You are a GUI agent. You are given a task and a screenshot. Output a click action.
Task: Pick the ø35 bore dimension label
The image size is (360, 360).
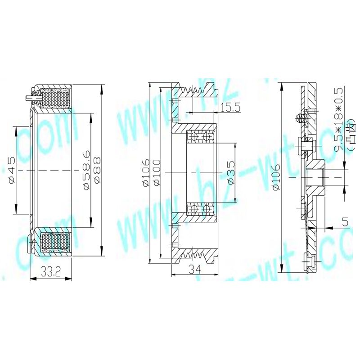pyautogui.click(x=230, y=173)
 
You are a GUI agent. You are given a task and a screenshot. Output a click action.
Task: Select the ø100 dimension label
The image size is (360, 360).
pyautogui.click(x=156, y=173)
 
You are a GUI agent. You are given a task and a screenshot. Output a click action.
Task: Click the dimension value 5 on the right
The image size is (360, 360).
pyautogui.click(x=345, y=221)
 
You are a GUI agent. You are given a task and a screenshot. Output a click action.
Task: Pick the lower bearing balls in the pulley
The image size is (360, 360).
pyautogui.click(x=200, y=210)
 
